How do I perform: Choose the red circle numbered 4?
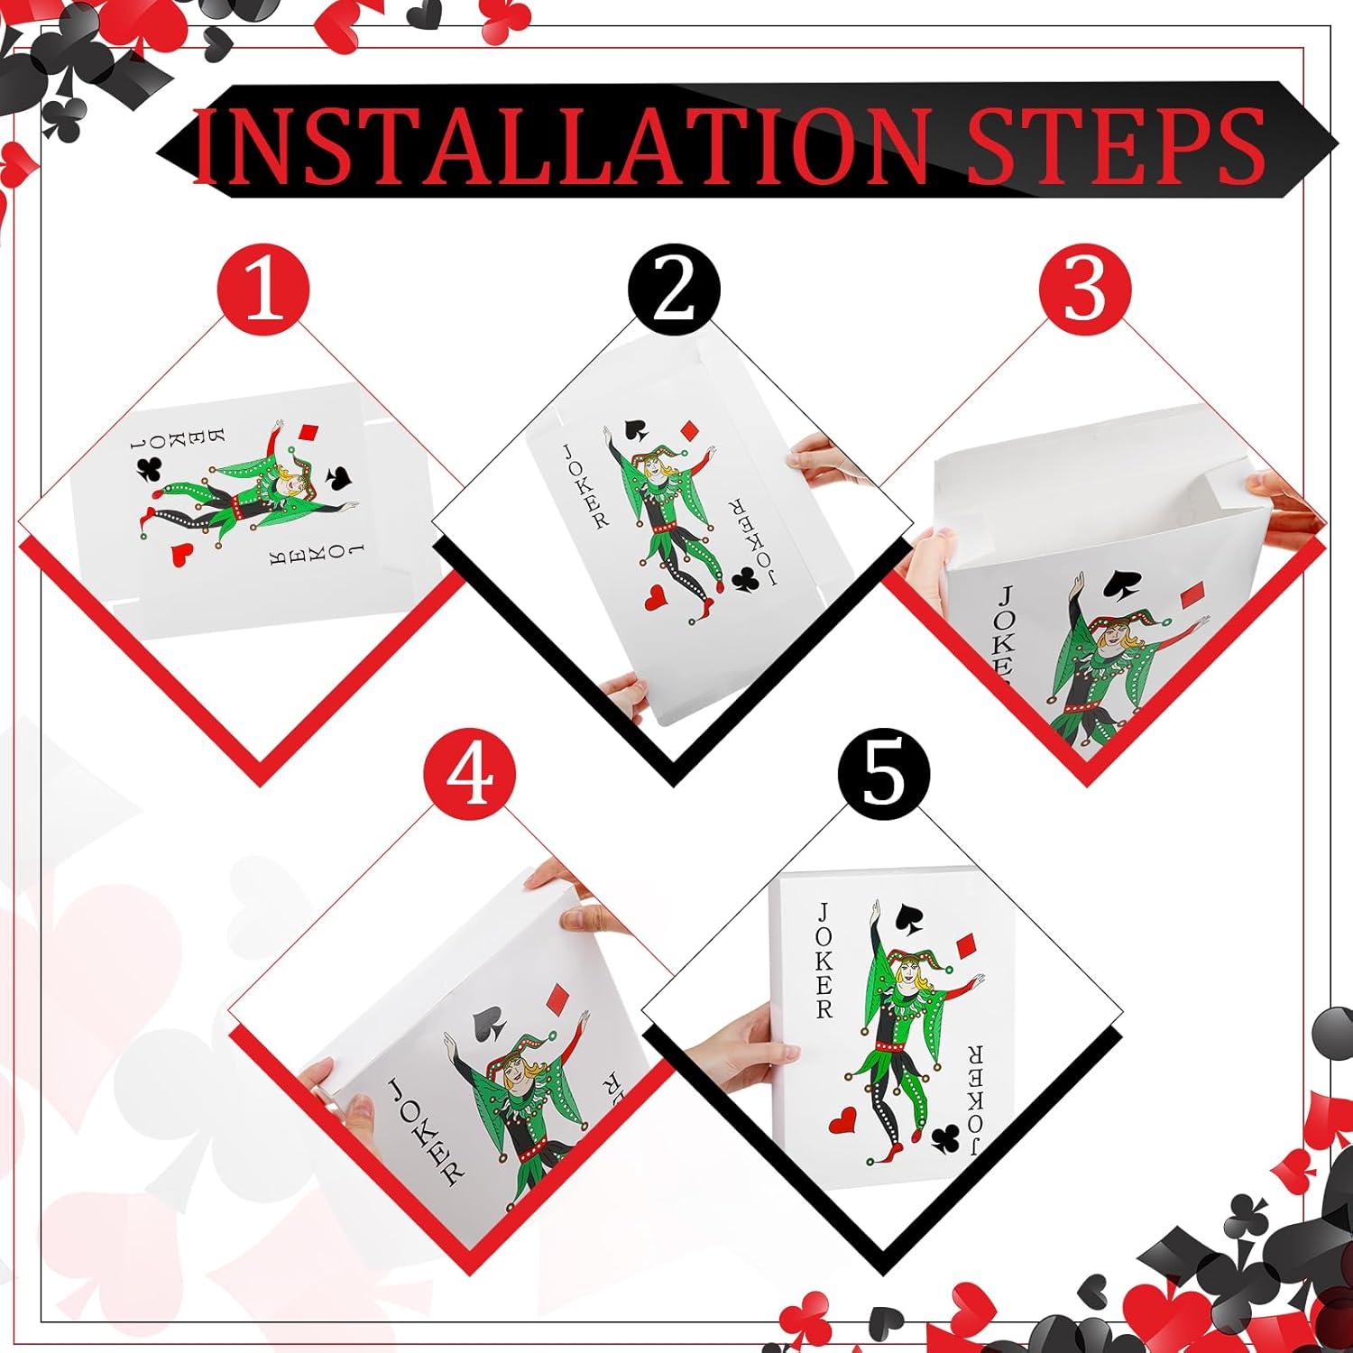(x=472, y=778)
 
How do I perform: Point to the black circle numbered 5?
(x=884, y=778)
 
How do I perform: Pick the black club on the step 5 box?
(x=945, y=1139)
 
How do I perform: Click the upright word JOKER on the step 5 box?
(x=823, y=960)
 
